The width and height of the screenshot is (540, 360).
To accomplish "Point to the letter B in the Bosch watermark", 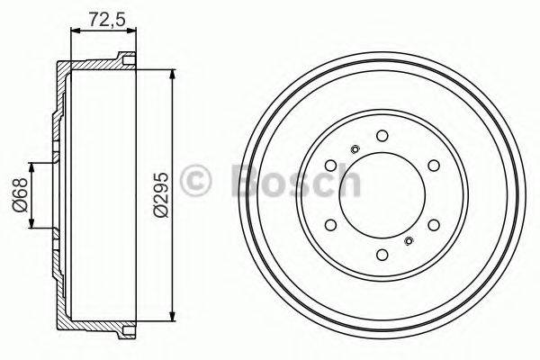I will click(x=249, y=181).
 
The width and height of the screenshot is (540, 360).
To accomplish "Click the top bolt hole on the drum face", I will click(x=382, y=136).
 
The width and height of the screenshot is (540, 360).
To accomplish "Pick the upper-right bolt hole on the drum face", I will click(x=433, y=166).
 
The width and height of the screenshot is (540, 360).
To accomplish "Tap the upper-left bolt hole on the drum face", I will click(x=330, y=166).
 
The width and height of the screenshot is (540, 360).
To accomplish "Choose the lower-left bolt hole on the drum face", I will click(x=330, y=225).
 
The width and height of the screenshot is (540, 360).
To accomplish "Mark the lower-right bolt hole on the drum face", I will click(x=433, y=225).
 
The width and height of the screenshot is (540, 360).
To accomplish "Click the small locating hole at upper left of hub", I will click(x=355, y=149).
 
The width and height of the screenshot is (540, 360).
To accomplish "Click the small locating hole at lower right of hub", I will click(x=409, y=240).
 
